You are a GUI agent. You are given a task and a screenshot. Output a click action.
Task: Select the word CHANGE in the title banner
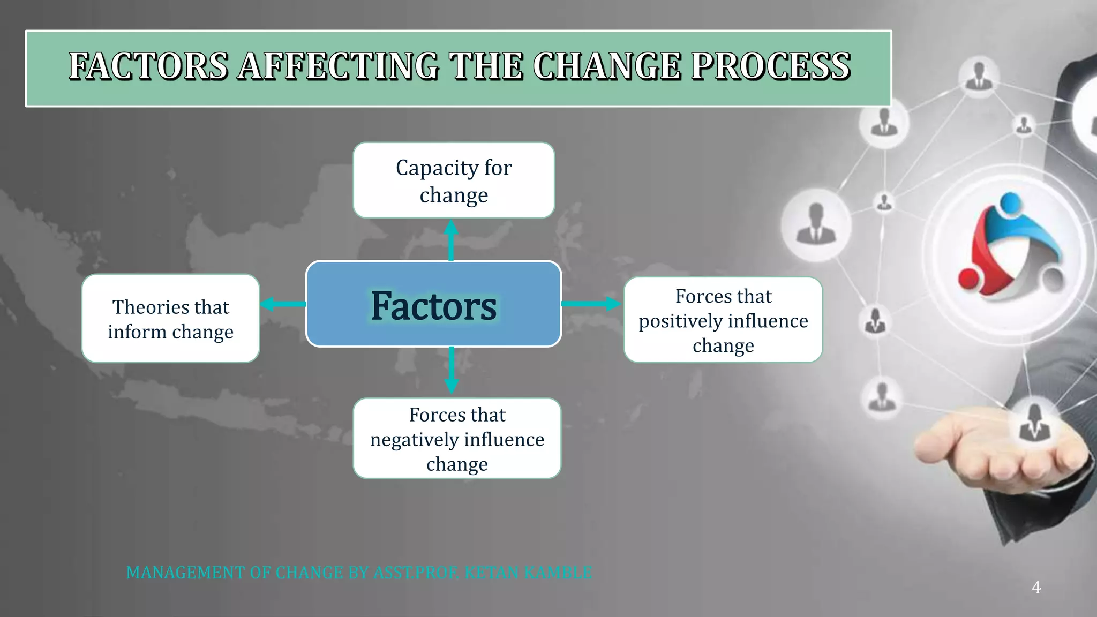point(606,66)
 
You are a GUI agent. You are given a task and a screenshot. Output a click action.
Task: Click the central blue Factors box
point(433,304)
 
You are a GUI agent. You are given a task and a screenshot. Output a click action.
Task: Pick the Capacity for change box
point(454,180)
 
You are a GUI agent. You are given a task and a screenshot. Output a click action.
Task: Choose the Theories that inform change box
point(170,319)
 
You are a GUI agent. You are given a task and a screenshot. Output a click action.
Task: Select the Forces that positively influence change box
point(723,320)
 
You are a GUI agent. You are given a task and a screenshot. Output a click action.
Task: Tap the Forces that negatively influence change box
point(457,439)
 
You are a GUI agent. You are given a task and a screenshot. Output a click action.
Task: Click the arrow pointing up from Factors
point(451,239)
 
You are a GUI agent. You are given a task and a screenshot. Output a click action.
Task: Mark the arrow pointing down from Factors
point(452,371)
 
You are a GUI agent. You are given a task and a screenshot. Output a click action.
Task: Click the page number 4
point(1036,588)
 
